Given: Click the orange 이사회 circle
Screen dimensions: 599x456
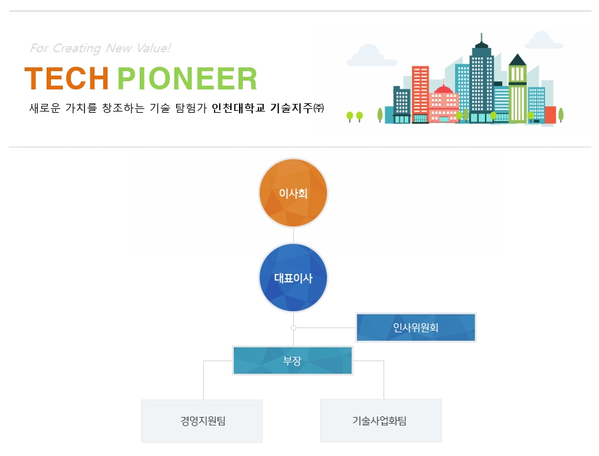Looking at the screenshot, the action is point(293,193).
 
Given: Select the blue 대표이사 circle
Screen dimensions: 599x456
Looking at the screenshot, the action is point(293,278).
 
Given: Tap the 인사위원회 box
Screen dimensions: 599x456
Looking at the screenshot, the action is point(416,328).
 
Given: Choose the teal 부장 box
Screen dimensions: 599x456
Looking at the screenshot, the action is point(292,360).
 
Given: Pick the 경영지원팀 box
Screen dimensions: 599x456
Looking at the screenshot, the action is point(202,421).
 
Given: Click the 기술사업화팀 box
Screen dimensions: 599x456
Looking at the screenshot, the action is point(381,421).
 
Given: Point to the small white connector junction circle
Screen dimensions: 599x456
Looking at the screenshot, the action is point(293,328).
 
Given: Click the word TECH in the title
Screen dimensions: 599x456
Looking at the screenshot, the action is point(67,79).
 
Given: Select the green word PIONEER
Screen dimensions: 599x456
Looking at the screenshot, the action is point(188,79).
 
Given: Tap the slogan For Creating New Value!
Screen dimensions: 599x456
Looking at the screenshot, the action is point(100,48).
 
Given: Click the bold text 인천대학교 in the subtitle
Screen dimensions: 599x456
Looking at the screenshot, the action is point(238,108).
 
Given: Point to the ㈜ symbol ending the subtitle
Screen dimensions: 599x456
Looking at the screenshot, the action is point(318,108).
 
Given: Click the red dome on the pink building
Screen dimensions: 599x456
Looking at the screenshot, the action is point(444,89).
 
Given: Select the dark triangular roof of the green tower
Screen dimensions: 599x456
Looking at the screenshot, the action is point(518,60).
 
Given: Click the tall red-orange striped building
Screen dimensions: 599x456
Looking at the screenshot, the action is point(420,94).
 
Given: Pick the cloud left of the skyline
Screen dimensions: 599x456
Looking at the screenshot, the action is point(371,55).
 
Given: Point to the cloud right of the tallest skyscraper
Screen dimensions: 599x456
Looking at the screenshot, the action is point(543,40).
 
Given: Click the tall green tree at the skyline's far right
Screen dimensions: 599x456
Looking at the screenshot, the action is point(561,115).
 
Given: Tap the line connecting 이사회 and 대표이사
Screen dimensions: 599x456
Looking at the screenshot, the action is point(293,236).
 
